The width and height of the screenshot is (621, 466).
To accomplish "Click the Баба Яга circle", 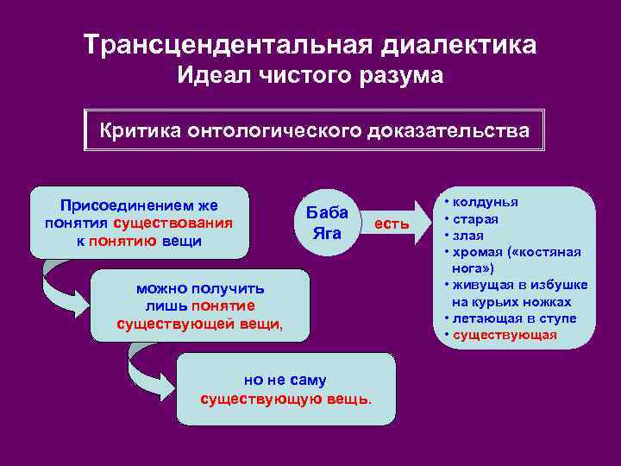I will coord(327,224).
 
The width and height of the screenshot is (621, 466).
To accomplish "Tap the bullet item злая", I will coord(470,235).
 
